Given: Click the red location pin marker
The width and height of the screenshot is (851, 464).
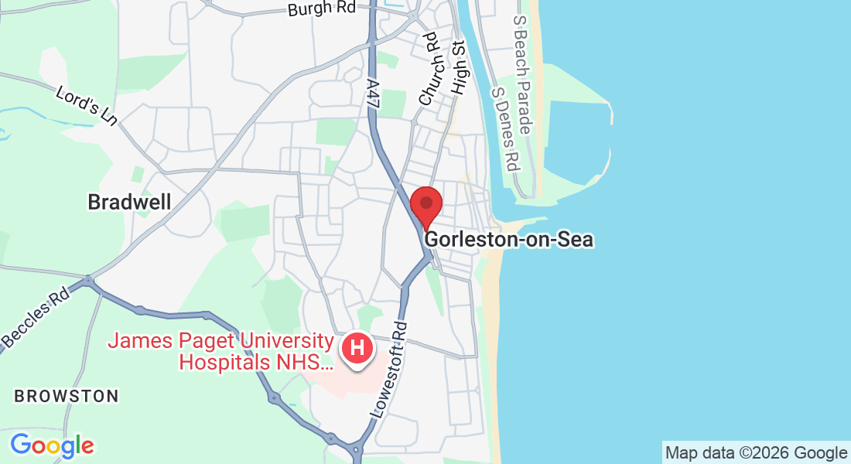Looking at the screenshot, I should [x=425, y=206].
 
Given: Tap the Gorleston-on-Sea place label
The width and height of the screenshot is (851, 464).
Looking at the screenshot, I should [x=509, y=240].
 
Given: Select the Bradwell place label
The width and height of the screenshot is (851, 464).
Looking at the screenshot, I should [x=129, y=203].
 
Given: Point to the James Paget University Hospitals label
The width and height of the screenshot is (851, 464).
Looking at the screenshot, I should [x=220, y=350].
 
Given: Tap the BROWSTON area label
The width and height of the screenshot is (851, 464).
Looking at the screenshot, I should [x=67, y=397].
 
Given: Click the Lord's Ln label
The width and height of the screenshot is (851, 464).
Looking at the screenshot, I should [x=86, y=105].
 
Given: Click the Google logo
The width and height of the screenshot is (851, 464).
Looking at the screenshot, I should [x=52, y=446].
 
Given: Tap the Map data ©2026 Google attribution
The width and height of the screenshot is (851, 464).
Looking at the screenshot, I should [x=757, y=453].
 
